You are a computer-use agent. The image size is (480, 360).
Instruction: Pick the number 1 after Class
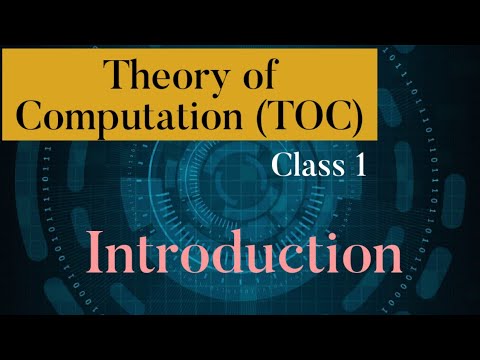(x=357, y=166)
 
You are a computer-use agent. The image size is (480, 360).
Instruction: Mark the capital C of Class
(x=283, y=166)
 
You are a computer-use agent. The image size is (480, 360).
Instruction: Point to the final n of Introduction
(x=385, y=256)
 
